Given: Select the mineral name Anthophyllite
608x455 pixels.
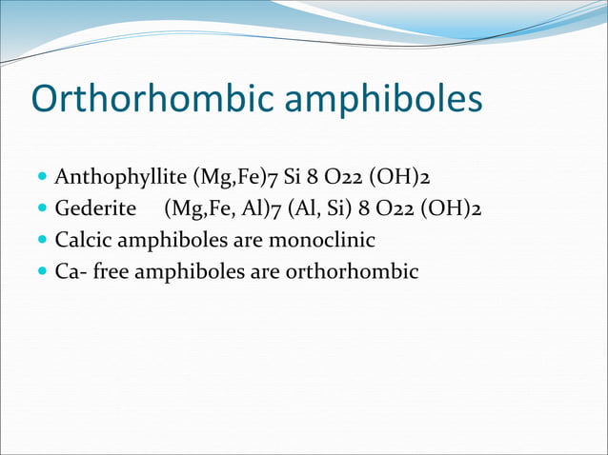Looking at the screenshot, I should click(x=121, y=177).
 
